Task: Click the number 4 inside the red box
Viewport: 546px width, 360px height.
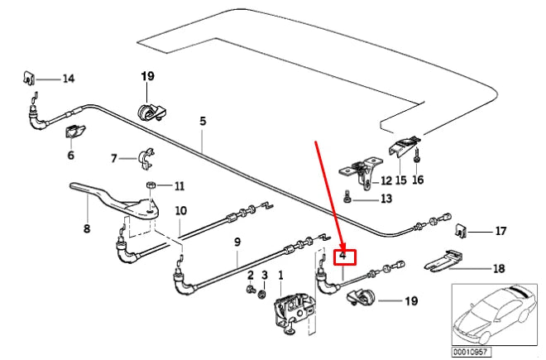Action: coord(343,256)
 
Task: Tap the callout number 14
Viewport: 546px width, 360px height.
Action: coord(69,79)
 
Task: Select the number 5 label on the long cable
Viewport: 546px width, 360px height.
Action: coord(203,122)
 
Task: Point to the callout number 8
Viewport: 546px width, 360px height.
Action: coord(87,228)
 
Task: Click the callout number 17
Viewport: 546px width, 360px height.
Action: coord(500,231)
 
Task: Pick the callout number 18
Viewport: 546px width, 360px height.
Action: coord(499,268)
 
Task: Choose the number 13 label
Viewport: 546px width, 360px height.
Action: coord(386,199)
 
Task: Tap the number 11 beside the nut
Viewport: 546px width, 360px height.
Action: coord(179,185)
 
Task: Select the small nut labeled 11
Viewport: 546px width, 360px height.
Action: coord(150,185)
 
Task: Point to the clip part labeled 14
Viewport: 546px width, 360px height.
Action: coord(29,78)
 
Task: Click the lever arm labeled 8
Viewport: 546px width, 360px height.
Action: coord(115,200)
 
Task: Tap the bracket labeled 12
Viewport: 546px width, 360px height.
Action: coord(361,172)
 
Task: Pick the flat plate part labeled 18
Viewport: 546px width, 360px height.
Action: coord(444,261)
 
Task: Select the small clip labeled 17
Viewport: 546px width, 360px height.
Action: coord(461,230)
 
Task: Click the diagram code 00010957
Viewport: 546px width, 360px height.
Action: coord(470,351)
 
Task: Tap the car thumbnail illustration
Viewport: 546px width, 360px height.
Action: coord(495,314)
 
